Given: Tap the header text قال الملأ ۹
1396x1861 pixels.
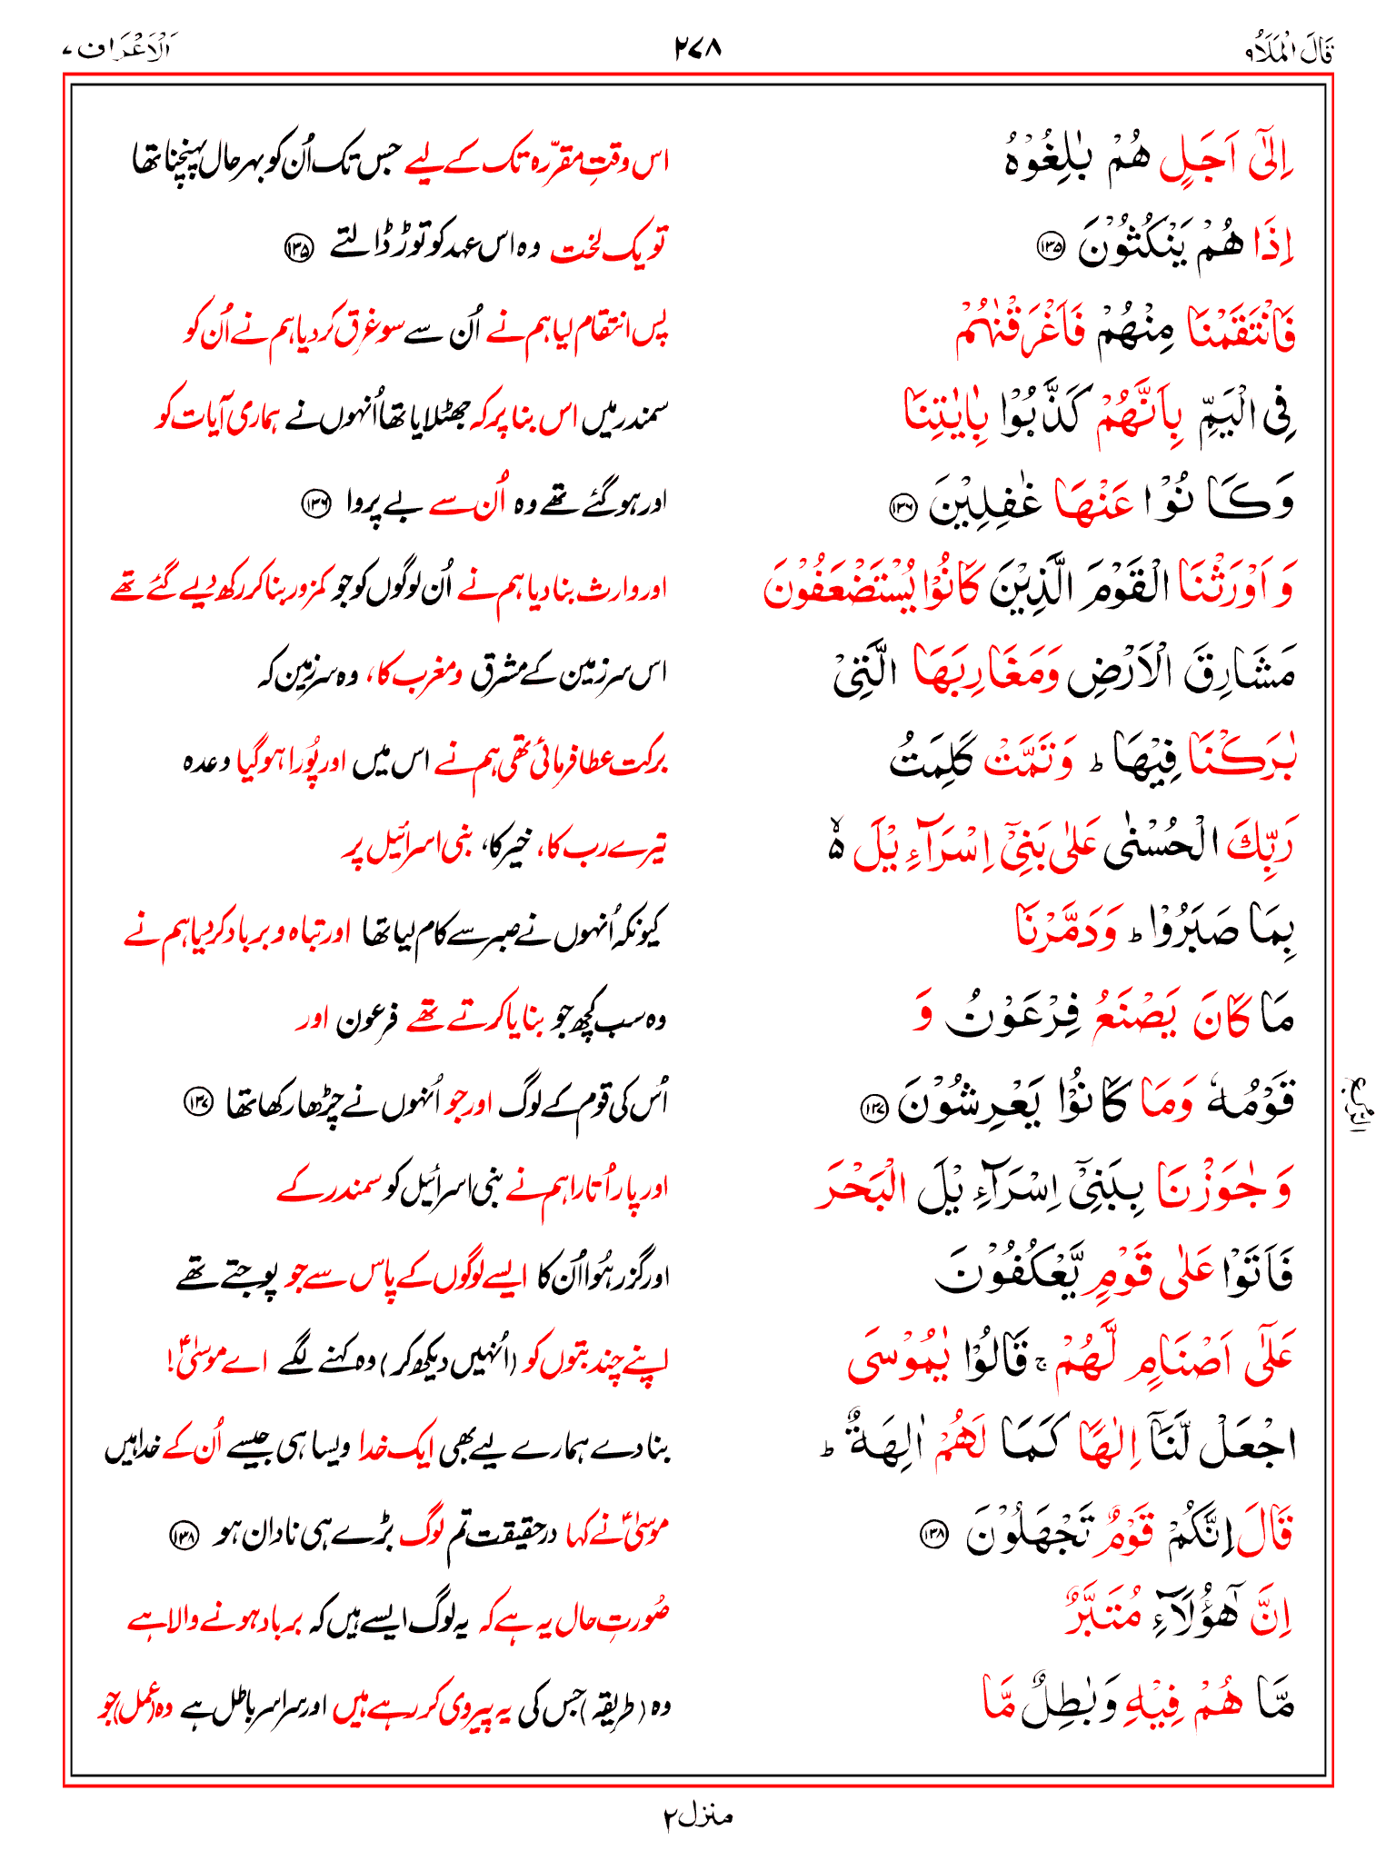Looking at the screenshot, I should [x=1290, y=51].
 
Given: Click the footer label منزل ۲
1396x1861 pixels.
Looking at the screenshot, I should [x=697, y=1816].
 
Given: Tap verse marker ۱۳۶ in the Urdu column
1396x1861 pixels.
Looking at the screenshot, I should [x=315, y=503].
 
